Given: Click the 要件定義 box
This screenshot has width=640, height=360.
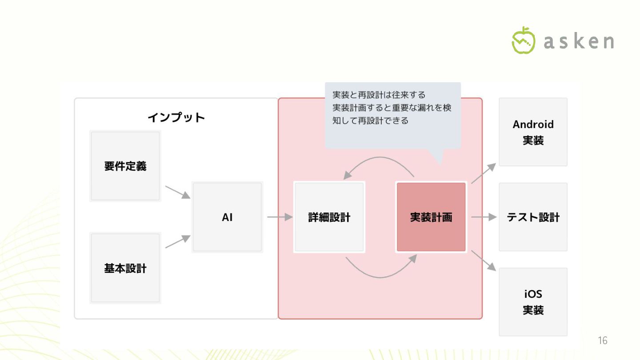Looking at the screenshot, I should [x=125, y=166].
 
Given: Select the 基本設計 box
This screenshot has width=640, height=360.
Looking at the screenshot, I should [x=125, y=268].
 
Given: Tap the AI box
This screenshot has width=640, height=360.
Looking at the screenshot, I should [x=227, y=217].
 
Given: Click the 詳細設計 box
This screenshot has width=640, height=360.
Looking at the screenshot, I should [x=329, y=217].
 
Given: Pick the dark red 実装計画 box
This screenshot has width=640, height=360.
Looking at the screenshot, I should [x=431, y=217].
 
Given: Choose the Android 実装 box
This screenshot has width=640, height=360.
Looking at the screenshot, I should [x=533, y=132].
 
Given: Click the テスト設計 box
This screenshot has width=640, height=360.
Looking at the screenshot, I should [x=533, y=217].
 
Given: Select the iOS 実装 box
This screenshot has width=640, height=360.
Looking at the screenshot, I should [x=533, y=302].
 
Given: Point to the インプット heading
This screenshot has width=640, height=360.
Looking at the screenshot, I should [x=176, y=117].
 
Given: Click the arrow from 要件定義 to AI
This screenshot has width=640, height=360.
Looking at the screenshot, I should [x=177, y=192].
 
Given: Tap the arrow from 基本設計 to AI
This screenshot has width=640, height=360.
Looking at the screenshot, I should [x=177, y=242].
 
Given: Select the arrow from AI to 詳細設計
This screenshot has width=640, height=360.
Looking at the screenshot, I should [x=280, y=217].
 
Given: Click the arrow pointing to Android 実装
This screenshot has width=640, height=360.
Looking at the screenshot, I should [x=483, y=173].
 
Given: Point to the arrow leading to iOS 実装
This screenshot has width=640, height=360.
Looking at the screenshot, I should [x=483, y=260].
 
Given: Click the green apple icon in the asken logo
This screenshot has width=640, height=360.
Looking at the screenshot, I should [x=524, y=40].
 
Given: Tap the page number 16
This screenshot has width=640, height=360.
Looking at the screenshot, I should [x=602, y=341].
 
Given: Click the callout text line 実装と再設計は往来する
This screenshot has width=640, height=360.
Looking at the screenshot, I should [x=379, y=95].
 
